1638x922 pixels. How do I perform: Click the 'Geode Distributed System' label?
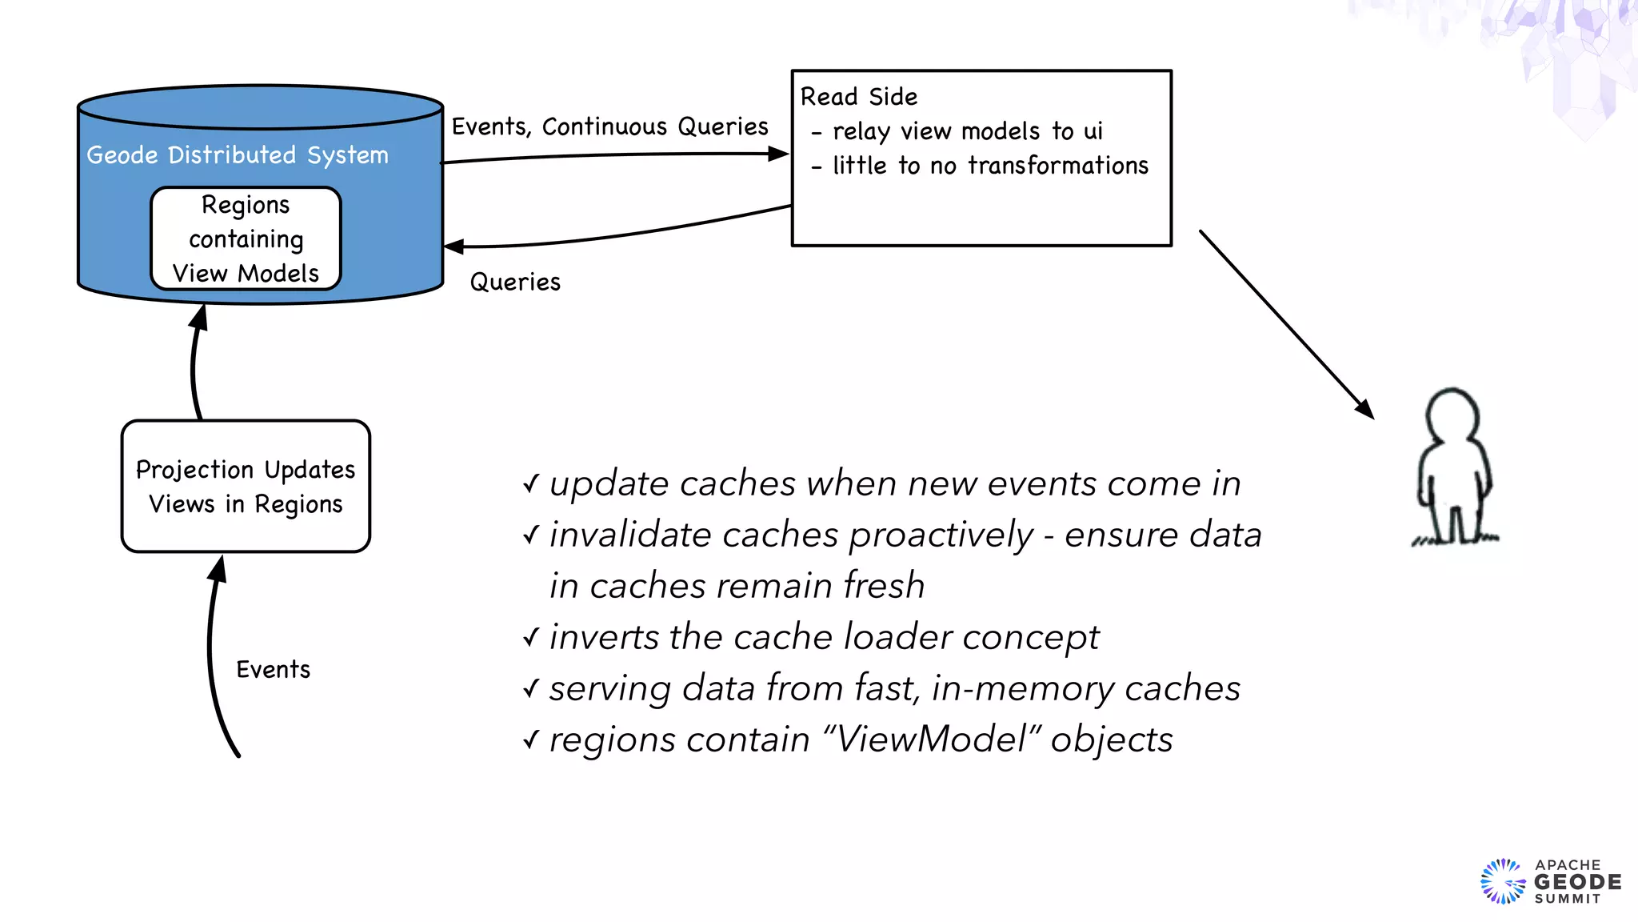[x=238, y=155]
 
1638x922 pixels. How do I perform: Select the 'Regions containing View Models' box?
[x=246, y=239]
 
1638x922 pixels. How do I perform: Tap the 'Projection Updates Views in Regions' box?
[x=246, y=487]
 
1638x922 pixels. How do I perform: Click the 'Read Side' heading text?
[x=858, y=97]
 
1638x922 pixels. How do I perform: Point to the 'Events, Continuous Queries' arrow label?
[x=609, y=126]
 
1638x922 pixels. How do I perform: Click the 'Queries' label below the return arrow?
[x=515, y=282]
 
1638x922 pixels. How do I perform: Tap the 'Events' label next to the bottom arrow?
[x=273, y=669]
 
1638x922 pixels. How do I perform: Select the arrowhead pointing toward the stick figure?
[x=1365, y=409]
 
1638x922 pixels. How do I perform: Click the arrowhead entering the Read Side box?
[x=778, y=154]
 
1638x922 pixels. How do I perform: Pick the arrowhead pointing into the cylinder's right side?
[x=453, y=247]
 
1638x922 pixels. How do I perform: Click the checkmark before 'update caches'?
[x=531, y=483]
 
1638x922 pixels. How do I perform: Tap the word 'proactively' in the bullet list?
[x=941, y=535]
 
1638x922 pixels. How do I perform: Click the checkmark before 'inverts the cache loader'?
[x=531, y=637]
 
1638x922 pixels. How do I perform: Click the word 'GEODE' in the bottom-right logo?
[x=1577, y=882]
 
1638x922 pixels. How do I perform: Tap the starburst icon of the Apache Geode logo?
[x=1503, y=882]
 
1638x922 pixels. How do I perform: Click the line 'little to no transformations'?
[x=990, y=166]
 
